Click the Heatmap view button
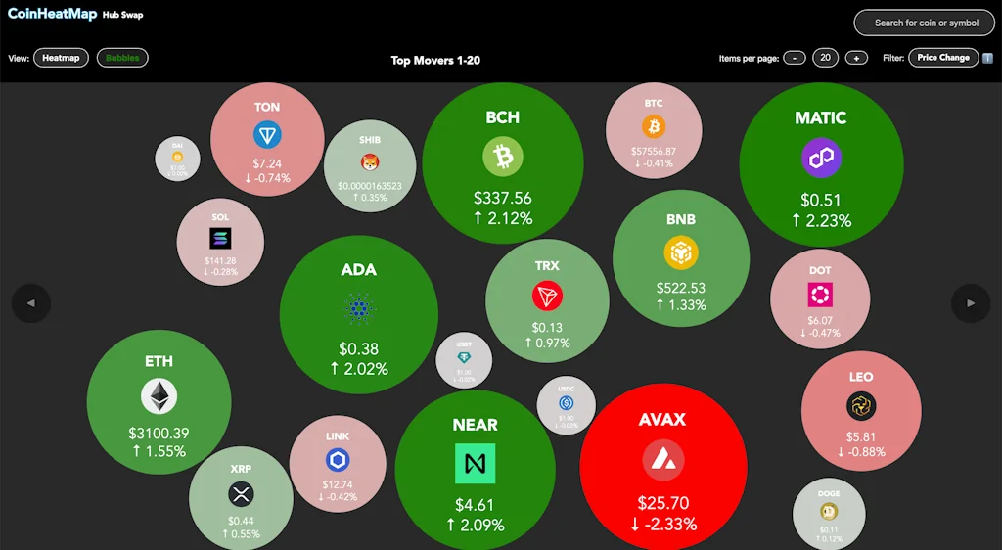coord(61,58)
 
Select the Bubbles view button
coord(122,58)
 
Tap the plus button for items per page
coord(856,58)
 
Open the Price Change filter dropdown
coord(943,58)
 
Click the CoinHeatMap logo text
coord(51,15)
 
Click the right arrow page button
coord(971,303)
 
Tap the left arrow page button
coord(31,303)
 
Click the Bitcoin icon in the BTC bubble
coord(654,126)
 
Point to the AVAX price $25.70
coord(663,503)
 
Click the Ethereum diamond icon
coord(159,396)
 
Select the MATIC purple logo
coord(821,158)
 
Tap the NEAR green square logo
coord(476,464)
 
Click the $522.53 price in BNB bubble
coord(681,288)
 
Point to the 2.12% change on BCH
coord(503,218)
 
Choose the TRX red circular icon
coord(547,297)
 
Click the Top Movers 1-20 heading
coord(435,60)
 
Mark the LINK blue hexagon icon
coord(338,460)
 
